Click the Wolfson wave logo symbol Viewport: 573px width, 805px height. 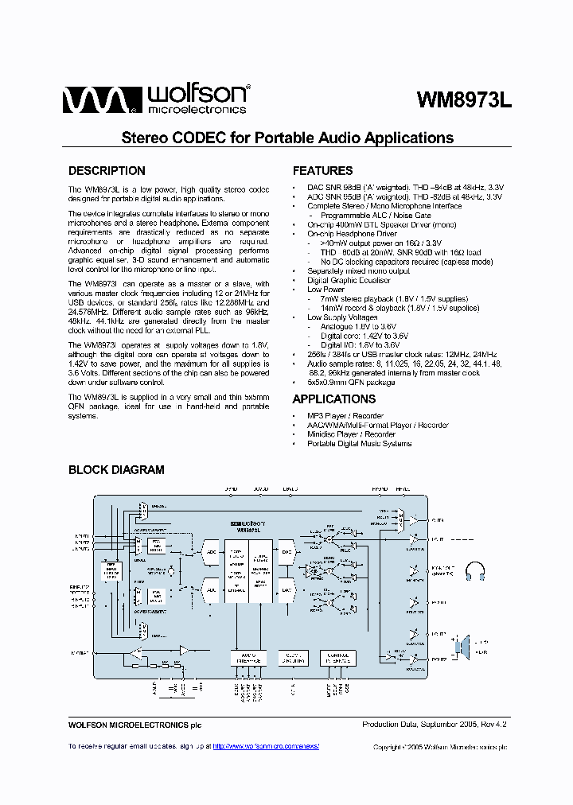point(94,101)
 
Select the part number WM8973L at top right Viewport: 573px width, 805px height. point(464,100)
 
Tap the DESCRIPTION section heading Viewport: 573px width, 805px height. point(107,171)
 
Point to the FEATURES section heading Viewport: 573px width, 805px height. point(322,171)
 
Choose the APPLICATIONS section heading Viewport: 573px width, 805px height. point(333,399)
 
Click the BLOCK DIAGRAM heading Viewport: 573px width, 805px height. point(116,470)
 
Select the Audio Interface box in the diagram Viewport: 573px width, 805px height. point(248,658)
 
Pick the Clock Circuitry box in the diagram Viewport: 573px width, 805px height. point(293,658)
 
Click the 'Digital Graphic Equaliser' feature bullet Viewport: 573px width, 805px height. point(349,280)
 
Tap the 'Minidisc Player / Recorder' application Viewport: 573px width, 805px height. point(351,434)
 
